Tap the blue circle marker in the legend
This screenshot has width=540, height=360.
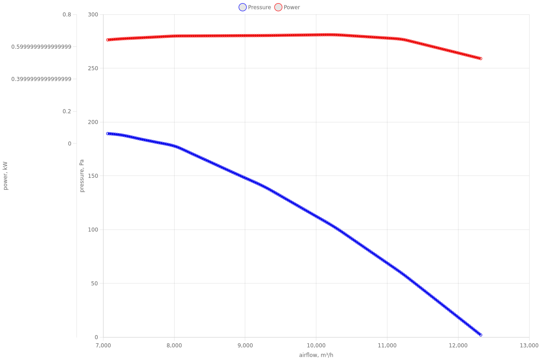(243, 7)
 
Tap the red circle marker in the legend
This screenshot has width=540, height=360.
(278, 7)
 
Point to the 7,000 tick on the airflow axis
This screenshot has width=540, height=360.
(103, 345)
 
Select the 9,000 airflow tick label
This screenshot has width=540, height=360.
(245, 345)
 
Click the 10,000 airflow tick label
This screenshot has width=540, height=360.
(316, 345)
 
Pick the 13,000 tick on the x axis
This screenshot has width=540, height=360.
(529, 345)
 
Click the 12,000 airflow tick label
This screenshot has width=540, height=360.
(458, 345)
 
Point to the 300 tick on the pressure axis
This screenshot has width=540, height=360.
(93, 14)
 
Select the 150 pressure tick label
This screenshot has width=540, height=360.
(93, 176)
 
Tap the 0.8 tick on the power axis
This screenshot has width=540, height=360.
(67, 14)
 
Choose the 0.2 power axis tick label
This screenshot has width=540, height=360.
(67, 111)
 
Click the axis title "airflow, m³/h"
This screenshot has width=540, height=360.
(316, 355)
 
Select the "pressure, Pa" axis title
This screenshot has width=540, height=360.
(82, 176)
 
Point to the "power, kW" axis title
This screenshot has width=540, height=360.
(5, 176)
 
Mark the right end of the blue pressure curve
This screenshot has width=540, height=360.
(481, 335)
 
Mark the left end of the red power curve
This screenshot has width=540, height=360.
(108, 40)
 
